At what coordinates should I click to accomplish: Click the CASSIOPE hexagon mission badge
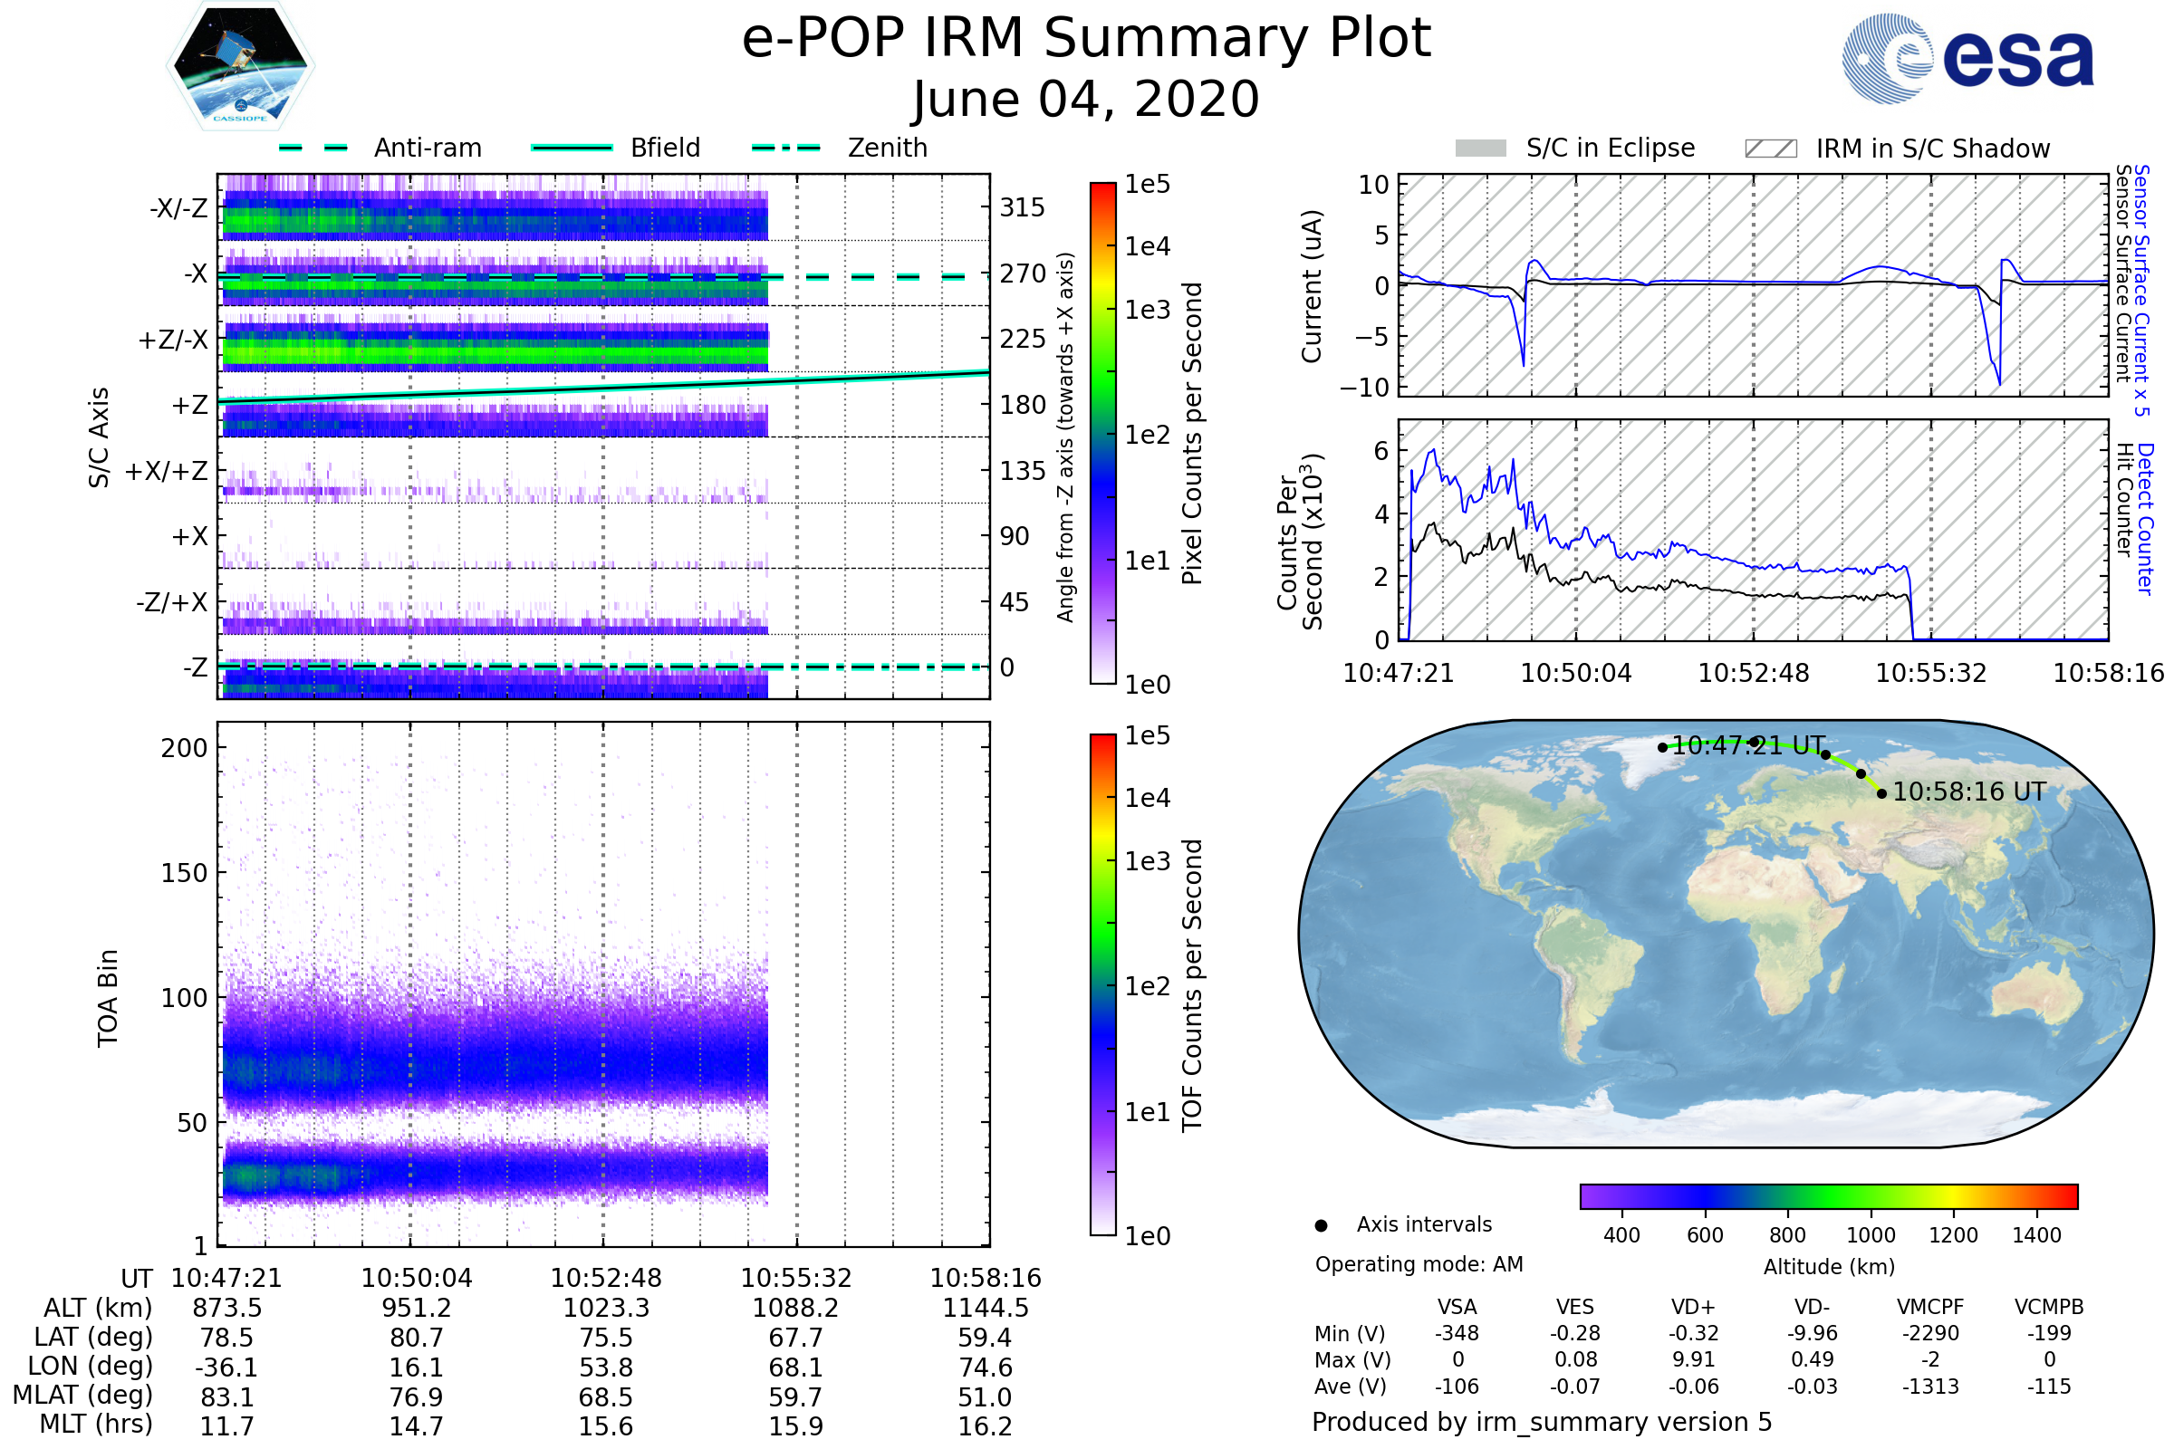[x=240, y=64]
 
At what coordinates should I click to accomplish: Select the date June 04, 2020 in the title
[x=1086, y=100]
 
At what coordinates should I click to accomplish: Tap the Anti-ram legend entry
[x=427, y=148]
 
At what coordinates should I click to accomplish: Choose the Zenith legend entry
[x=887, y=148]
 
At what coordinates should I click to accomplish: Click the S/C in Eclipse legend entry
[x=1610, y=148]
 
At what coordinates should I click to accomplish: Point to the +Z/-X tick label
[x=173, y=341]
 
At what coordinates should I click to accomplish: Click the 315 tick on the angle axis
[x=1022, y=207]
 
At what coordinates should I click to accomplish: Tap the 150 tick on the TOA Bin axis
[x=184, y=873]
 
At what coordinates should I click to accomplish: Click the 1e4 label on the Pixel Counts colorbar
[x=1147, y=246]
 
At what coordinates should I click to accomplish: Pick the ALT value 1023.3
[x=605, y=1308]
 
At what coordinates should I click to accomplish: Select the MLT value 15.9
[x=795, y=1425]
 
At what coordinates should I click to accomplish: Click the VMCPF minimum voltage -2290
[x=1930, y=1333]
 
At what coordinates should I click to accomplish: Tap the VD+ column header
[x=1693, y=1307]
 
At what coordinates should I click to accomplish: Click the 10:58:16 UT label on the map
[x=1968, y=792]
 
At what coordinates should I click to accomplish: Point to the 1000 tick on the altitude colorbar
[x=1870, y=1235]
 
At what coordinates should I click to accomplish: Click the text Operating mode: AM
[x=1419, y=1264]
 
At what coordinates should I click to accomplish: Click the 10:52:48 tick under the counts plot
[x=1754, y=673]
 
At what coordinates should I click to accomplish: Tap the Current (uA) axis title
[x=1312, y=286]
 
